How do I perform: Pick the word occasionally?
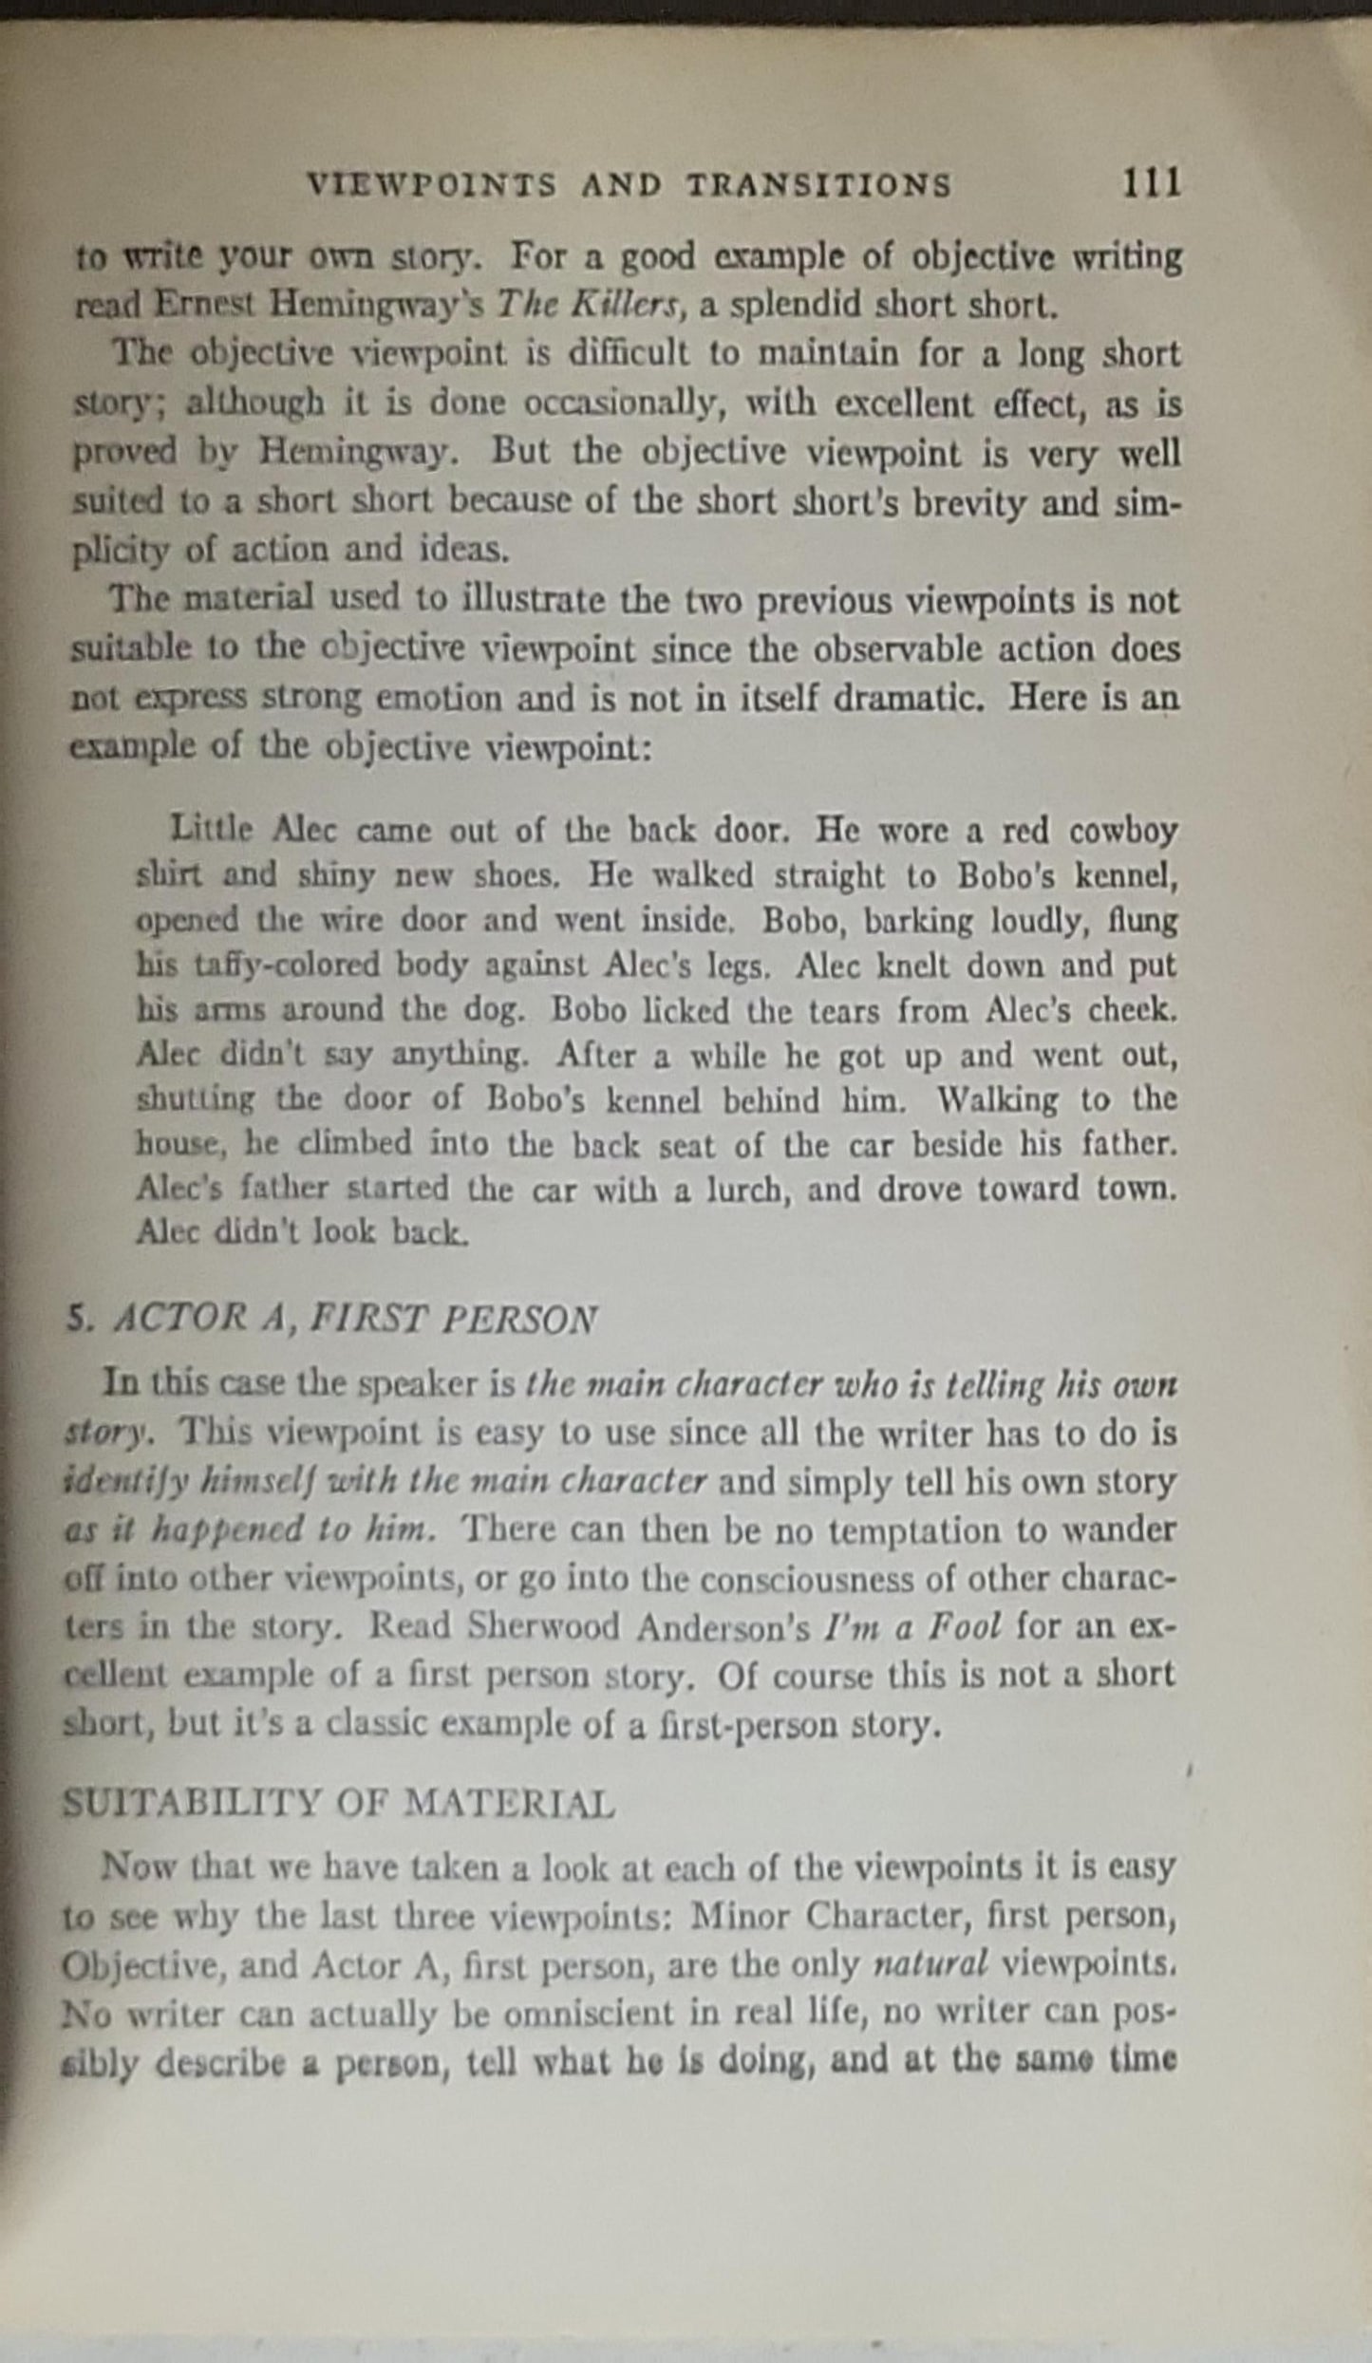click(x=627, y=403)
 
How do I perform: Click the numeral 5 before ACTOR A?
click(x=75, y=1320)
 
